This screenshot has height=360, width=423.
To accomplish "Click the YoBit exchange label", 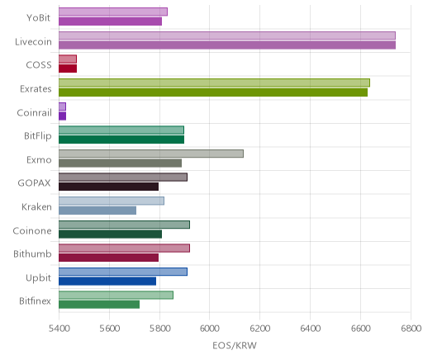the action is [x=39, y=18].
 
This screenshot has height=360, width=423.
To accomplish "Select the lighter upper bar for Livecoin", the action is [x=227, y=36].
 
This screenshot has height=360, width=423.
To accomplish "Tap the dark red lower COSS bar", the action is [x=68, y=69].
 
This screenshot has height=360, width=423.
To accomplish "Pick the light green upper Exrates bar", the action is [x=214, y=83].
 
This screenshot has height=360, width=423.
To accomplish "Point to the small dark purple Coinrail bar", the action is [x=62, y=116].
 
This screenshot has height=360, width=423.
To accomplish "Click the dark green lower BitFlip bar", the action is [x=121, y=140].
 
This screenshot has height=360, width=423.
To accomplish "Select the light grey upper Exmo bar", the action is [x=151, y=154].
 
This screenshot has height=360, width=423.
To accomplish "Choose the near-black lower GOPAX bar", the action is [x=108, y=187].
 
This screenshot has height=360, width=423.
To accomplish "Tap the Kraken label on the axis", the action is [x=36, y=207].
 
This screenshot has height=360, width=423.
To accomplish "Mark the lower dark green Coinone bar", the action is [x=110, y=234].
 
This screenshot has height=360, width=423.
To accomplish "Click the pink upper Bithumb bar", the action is [x=124, y=249].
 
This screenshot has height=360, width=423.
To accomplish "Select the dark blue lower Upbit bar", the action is [x=107, y=282].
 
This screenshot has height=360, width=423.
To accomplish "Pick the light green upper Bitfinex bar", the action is [x=116, y=296].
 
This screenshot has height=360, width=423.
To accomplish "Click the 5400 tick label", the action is [x=59, y=329].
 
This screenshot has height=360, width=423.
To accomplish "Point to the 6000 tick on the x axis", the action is [x=209, y=329].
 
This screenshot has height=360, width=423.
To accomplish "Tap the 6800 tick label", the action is [x=411, y=329].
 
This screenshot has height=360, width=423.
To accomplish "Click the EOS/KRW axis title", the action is [x=235, y=346].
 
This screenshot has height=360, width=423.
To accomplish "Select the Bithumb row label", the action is [x=32, y=253].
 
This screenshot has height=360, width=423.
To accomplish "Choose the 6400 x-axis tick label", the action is [x=310, y=329].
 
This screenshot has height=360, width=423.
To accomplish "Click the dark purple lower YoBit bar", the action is [x=110, y=21].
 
